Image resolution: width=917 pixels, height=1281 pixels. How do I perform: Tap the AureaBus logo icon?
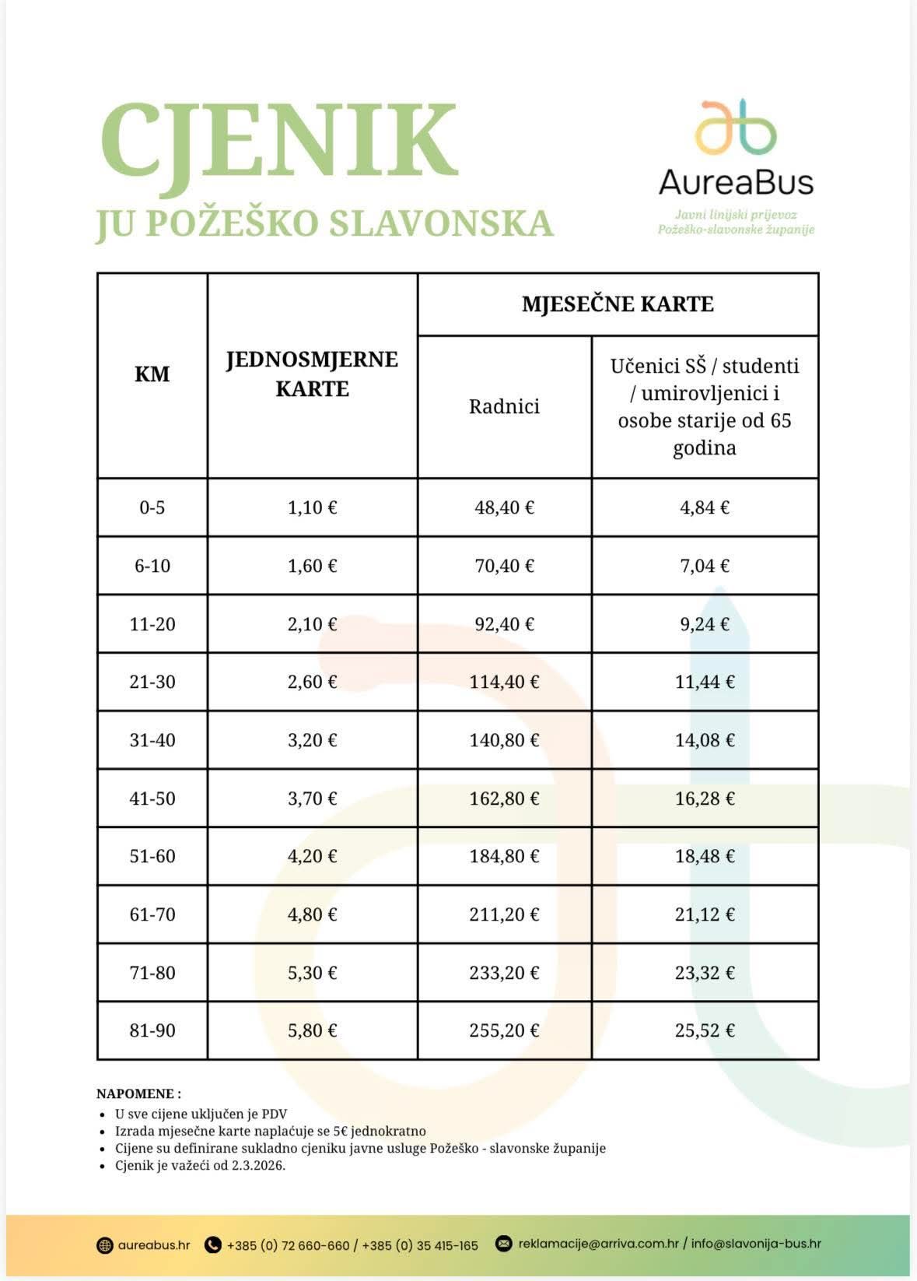[735, 126]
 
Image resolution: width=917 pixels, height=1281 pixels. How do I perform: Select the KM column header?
[152, 374]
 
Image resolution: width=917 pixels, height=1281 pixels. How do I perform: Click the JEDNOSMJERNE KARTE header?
[312, 374]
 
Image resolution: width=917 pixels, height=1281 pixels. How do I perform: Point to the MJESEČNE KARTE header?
[618, 304]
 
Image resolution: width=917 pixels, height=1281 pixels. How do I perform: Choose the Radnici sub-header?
[504, 406]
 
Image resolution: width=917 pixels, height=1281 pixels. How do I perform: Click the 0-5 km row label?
[152, 507]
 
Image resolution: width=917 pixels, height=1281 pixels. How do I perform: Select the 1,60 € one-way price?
[312, 566]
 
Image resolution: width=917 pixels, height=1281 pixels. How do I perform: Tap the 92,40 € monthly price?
[504, 624]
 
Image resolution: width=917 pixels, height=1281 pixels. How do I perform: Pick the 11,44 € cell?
[704, 682]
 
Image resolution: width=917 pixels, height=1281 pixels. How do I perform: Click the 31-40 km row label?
[152, 740]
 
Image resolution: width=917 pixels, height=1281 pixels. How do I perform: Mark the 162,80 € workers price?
[504, 798]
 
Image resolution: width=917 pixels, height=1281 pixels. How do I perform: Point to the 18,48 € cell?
[704, 856]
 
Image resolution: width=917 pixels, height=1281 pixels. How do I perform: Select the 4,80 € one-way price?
[312, 914]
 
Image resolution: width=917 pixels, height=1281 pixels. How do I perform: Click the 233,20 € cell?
[504, 973]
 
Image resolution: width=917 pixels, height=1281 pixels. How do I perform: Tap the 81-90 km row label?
[152, 1030]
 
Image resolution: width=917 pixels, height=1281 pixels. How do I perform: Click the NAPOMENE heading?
[138, 1093]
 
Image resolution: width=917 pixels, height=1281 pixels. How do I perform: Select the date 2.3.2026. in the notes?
[258, 1166]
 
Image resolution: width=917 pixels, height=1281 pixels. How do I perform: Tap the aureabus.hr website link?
[154, 1244]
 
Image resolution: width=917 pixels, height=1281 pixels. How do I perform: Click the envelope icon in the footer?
[504, 1244]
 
